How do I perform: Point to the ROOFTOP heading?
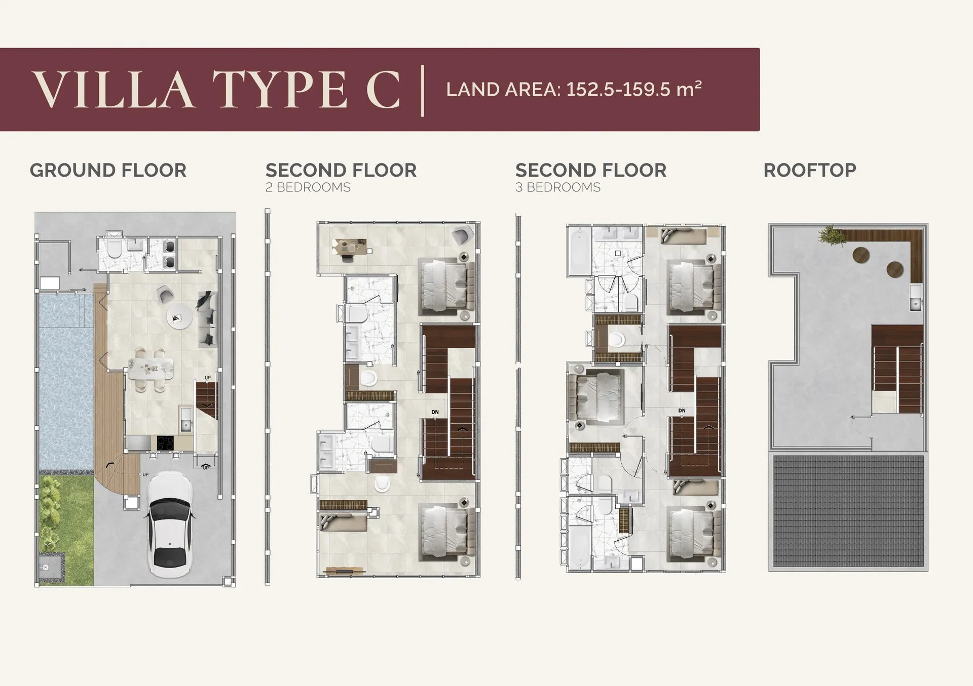point(810,171)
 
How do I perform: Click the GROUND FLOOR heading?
point(108,171)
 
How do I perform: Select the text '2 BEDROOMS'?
point(308,187)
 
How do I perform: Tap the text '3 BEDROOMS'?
point(558,187)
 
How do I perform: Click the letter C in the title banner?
point(383,89)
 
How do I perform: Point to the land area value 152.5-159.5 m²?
point(634,89)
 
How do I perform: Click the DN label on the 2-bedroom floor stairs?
point(435,412)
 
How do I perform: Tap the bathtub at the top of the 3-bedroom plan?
point(579,250)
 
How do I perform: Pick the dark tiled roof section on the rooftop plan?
point(848,512)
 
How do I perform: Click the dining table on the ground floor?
point(151,369)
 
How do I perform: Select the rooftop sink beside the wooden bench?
point(916,297)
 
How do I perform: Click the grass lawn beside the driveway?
point(67,527)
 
